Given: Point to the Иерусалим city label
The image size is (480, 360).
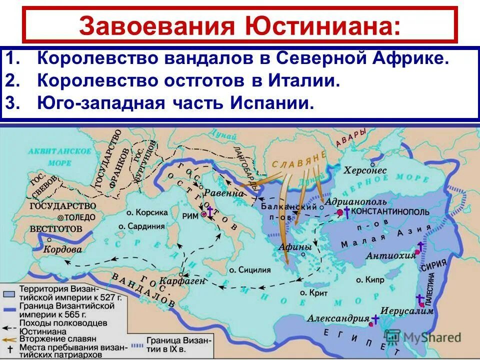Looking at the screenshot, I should point(400,310).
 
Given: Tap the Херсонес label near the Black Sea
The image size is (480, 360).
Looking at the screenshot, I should point(365,170).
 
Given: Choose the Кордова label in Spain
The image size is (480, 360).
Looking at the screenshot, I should point(63,249).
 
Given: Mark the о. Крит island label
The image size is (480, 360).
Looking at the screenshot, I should point(313,292).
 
